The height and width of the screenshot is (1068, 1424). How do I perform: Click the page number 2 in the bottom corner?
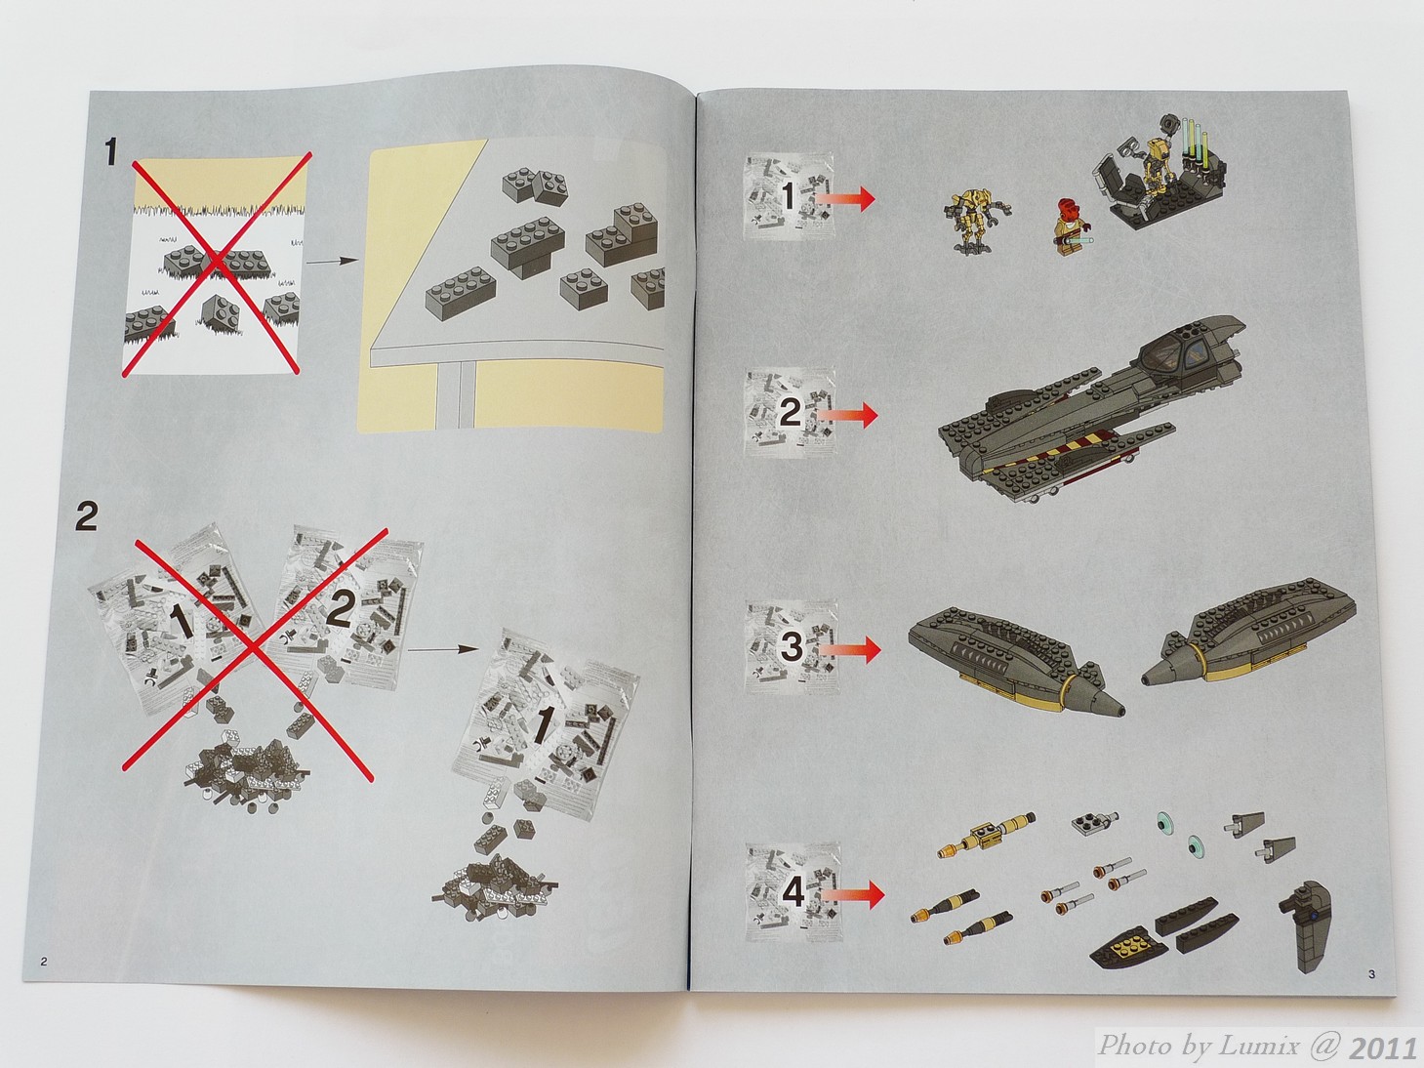click(44, 961)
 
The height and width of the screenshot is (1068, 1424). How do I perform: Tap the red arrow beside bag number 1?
click(844, 198)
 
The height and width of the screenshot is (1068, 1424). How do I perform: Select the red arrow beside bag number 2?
click(846, 414)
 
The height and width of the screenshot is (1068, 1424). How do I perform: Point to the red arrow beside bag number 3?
click(849, 650)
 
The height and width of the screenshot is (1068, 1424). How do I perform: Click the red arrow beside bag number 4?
click(852, 896)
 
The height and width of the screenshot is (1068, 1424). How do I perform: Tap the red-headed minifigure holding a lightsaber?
click(1067, 229)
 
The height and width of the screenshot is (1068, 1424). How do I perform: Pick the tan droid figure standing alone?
click(974, 219)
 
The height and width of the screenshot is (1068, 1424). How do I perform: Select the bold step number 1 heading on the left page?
click(111, 154)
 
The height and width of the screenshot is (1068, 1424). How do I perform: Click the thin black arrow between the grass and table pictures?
click(332, 261)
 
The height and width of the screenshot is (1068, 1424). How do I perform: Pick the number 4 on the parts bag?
click(793, 893)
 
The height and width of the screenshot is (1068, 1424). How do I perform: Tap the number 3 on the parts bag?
click(792, 647)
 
